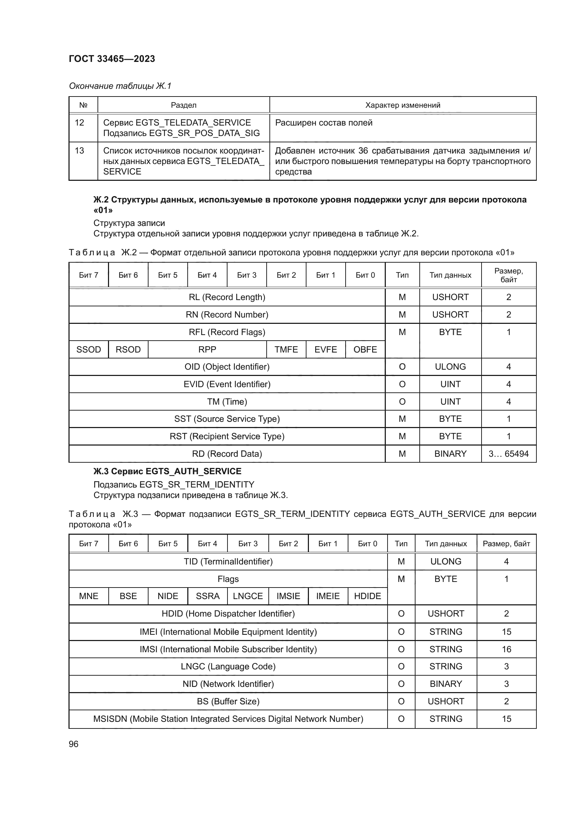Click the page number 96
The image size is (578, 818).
click(73, 744)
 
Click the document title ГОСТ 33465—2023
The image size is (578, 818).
click(112, 59)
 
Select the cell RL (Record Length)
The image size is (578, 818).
click(227, 297)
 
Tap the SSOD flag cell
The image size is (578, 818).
click(89, 349)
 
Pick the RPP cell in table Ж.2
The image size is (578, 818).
click(207, 349)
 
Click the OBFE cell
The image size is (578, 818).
click(365, 349)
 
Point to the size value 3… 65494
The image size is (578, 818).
click(508, 454)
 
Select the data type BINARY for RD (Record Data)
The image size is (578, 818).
click(450, 454)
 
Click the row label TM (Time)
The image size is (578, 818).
click(227, 402)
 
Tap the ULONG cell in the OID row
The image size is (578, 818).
click(450, 367)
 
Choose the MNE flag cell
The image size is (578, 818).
click(89, 596)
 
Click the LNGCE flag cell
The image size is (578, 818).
click(248, 596)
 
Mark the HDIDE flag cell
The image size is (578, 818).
click(367, 596)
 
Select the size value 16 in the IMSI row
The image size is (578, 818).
click(506, 649)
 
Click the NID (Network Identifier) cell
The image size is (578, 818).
click(228, 684)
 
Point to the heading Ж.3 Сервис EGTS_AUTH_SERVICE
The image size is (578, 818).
click(167, 471)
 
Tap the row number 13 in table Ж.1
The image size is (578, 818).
click(79, 151)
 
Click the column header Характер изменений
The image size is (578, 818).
click(403, 105)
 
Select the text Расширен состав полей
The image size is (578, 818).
click(324, 123)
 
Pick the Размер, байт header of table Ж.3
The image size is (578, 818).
click(506, 544)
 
